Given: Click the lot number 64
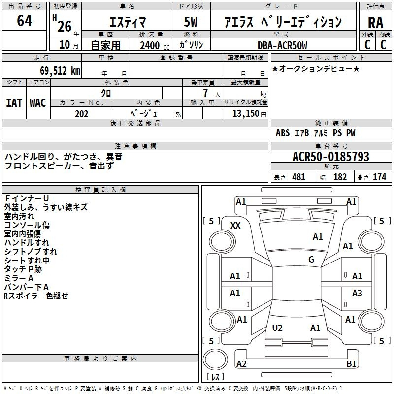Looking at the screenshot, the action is point(24,20).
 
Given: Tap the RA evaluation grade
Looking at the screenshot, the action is point(375,23).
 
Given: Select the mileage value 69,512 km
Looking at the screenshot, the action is point(60,71).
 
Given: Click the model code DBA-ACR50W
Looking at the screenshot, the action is point(282,45).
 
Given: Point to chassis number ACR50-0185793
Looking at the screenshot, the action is point(331,157).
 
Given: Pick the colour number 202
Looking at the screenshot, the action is point(81,114).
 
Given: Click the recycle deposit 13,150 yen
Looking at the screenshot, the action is point(249,114).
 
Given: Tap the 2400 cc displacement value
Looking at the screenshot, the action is point(155,45).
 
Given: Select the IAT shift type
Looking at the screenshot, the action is point(14,103).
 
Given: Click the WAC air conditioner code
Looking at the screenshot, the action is point(38,103).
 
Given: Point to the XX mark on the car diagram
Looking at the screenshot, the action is point(235,226).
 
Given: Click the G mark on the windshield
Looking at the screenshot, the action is point(311,259).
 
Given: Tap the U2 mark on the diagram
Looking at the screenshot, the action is point(277,328).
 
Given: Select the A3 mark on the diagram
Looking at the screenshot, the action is point(357,293).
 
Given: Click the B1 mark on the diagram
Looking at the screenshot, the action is point(351,363).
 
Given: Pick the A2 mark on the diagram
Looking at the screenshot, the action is point(241,363).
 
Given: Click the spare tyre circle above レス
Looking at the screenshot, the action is point(215,359).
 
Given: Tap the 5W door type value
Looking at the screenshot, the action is point(191,22).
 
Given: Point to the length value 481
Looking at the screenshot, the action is point(299,177).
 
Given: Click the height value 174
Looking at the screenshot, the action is point(379,177).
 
